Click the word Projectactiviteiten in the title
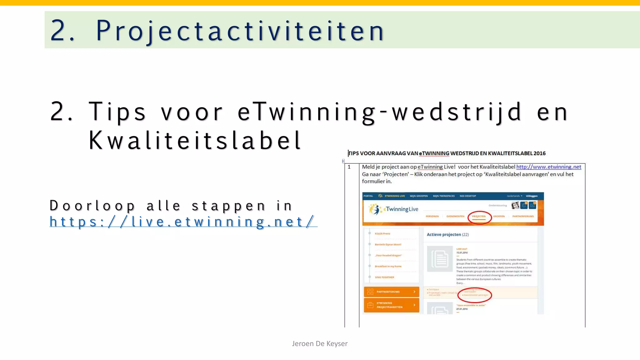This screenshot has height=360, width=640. click(240, 31)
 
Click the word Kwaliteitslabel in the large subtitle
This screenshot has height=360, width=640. click(195, 141)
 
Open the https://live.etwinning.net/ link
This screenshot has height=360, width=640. click(183, 222)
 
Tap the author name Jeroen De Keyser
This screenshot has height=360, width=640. click(320, 343)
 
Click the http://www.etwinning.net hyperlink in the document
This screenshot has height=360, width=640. click(548, 167)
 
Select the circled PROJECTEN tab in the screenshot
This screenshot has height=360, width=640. click(479, 216)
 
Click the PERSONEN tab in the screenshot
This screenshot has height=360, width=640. click(432, 216)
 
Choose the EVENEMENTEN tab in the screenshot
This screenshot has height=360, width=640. click(455, 216)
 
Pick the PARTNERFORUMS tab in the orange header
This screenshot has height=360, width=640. click(523, 216)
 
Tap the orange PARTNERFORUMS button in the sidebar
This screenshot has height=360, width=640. click(391, 292)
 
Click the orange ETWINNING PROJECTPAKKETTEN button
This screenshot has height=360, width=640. click(391, 305)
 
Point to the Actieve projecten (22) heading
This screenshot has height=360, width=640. click(447, 234)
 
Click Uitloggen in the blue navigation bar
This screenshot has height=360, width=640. click(532, 196)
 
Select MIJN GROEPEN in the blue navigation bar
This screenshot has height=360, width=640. click(419, 196)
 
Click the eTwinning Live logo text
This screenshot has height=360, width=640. click(402, 209)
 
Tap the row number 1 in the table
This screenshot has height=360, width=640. click(349, 167)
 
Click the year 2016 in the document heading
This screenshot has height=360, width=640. click(539, 153)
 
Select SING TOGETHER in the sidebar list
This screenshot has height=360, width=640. click(384, 277)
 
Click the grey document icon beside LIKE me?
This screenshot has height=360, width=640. click(440, 259)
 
